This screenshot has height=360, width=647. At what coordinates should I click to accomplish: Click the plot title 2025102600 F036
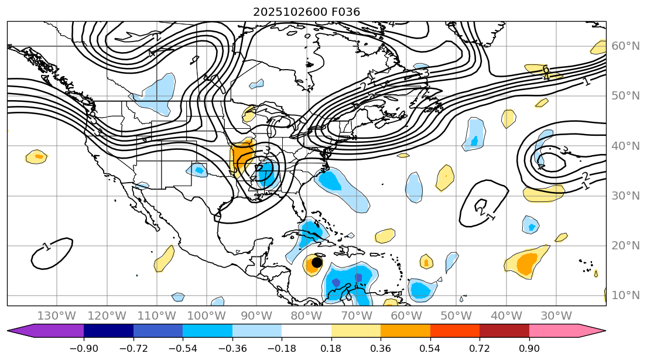(x=306, y=12)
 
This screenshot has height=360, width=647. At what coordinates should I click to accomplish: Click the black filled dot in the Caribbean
(x=317, y=262)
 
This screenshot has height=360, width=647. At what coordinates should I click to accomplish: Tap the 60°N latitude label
(x=625, y=46)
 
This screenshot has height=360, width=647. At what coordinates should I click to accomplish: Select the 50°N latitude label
(x=625, y=96)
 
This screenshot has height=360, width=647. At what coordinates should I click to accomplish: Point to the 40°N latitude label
(x=625, y=146)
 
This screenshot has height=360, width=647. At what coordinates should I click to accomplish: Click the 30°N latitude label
(x=625, y=196)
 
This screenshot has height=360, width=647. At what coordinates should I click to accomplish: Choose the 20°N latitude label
(x=625, y=246)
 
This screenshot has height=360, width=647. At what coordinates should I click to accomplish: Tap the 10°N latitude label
(x=625, y=295)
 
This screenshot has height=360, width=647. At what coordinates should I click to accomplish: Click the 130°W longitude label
(x=57, y=316)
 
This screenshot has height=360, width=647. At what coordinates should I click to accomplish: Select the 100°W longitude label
(x=207, y=316)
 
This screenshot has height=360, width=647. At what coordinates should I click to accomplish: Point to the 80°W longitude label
(x=306, y=316)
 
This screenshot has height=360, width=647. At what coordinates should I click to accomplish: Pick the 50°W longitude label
(x=456, y=316)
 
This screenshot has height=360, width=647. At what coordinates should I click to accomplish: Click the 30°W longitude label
(x=556, y=316)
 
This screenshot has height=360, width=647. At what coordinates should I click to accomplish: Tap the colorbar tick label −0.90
(x=84, y=348)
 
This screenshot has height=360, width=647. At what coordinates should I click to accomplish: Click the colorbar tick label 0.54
(x=430, y=348)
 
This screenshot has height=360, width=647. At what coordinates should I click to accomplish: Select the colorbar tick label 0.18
(x=331, y=348)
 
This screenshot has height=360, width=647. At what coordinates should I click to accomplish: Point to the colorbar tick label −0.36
(x=232, y=348)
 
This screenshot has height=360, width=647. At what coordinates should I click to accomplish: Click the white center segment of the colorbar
(x=306, y=331)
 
